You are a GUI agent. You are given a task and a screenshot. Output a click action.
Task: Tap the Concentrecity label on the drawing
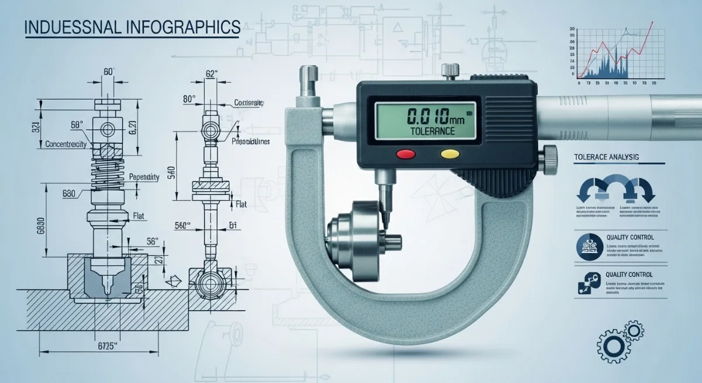pyautogui.click(x=66, y=143)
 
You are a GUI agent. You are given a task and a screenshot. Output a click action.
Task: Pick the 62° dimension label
pyautogui.click(x=211, y=74)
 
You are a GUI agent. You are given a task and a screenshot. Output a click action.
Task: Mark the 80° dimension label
pyautogui.click(x=189, y=99)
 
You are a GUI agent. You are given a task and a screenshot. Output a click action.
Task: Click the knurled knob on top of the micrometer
pyautogui.click(x=449, y=73)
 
